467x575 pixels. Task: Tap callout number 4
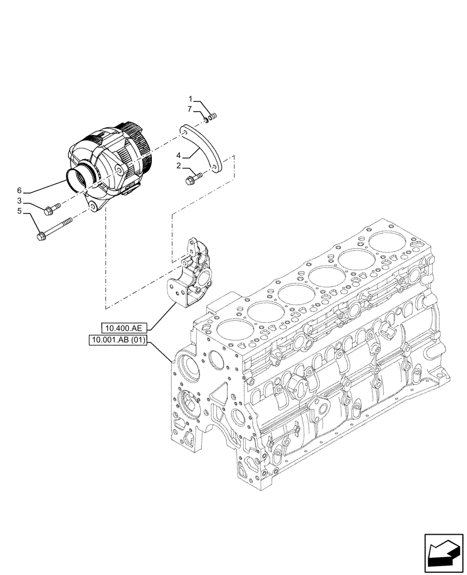pos(179,155)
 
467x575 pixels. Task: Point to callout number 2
pos(179,166)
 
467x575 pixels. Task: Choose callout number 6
pos(19,190)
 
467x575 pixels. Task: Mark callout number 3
pos(19,201)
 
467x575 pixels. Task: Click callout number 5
pos(19,211)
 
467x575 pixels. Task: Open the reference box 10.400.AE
pos(124,328)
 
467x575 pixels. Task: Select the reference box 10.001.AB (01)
pos(118,340)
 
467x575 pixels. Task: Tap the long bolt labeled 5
pos(55,228)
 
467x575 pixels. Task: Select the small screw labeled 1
pos(212,117)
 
